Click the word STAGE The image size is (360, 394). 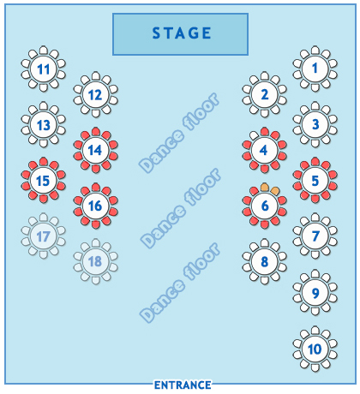point(182,33)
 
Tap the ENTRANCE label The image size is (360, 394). point(183,385)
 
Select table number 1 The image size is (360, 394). point(315,69)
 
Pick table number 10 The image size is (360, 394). point(315,349)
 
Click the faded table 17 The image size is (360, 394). point(43,236)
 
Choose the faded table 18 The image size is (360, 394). point(95,261)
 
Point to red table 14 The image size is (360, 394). point(95,150)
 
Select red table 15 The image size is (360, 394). point(43,180)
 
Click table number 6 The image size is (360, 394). point(265,206)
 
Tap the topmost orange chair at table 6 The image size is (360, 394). point(265,188)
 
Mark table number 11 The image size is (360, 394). point(43,69)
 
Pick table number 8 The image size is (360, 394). point(265,261)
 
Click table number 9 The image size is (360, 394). point(315,293)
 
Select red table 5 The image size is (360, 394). point(315,180)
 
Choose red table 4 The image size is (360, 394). point(265,150)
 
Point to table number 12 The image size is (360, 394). point(95,94)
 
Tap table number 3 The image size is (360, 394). point(315,124)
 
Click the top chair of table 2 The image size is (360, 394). point(265,75)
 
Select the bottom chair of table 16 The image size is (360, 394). point(95,224)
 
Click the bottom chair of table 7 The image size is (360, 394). point(315,254)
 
